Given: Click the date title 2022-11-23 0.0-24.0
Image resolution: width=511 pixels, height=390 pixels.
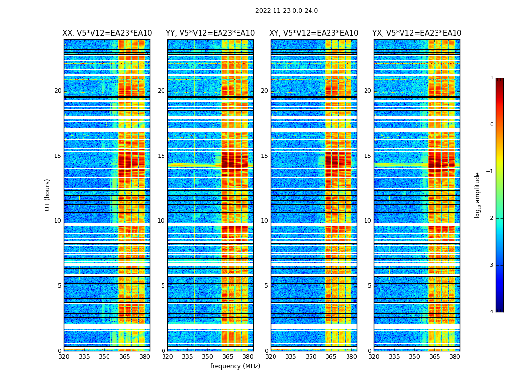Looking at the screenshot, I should pos(286,11).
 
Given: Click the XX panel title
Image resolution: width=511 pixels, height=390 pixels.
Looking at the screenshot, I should pos(107,33).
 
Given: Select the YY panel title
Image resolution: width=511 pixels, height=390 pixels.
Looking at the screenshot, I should pos(210,33).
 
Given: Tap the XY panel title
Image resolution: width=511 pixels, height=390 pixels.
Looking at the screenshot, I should pos(314,33).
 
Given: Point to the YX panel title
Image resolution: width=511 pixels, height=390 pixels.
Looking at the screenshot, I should pos(417,33).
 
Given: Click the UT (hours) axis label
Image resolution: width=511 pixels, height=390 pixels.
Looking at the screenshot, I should pos(48,195).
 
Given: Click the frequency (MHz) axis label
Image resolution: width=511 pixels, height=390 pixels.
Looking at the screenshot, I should pos(235,366).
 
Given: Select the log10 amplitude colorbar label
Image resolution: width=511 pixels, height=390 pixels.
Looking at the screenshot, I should pos(478,195).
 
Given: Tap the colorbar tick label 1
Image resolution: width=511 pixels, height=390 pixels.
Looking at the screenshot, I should pos(492,78).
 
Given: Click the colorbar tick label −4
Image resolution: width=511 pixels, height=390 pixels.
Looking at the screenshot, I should pos(491,312).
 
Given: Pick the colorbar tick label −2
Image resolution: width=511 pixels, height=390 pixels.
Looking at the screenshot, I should pos(491,218).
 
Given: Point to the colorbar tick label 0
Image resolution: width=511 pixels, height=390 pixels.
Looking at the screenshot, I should pos(492,125).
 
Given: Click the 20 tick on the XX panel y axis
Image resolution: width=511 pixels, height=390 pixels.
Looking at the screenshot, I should pos(58,91).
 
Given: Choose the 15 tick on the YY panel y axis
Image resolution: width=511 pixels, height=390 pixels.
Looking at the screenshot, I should pos(161,156).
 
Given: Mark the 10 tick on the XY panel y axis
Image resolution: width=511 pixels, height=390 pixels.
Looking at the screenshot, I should pos(264,221).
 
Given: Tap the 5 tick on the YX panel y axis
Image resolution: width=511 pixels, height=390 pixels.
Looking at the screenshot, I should pos(369,286).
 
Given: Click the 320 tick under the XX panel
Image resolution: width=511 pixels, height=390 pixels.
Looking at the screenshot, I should pos(64,356).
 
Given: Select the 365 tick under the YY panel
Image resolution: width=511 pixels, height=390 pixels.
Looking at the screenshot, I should pos(228,356).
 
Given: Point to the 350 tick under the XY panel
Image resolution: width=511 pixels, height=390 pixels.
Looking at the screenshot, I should pos(311,356).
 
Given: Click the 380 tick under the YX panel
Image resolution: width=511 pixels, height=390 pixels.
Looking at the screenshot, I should pos(455,356).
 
